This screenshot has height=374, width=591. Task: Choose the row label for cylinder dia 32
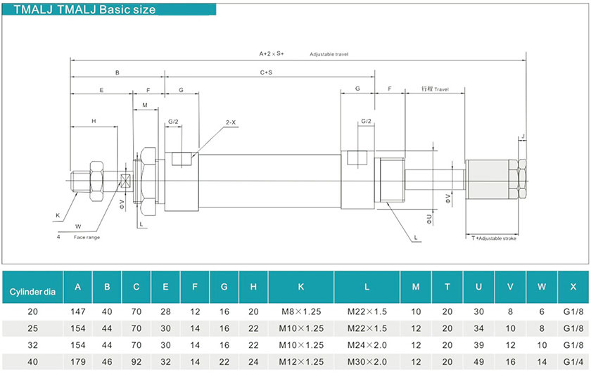coord(32,344)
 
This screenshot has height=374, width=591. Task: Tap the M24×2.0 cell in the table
coord(367,344)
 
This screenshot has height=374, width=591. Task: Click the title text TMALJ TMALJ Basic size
coord(84,10)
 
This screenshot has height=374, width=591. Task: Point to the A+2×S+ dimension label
coord(272,53)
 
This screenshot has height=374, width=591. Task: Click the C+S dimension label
coord(266,72)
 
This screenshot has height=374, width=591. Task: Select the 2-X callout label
coord(231,122)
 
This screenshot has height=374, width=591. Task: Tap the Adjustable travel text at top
coord(329,54)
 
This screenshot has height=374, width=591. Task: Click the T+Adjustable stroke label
coord(494,238)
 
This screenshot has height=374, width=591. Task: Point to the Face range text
coord(87,237)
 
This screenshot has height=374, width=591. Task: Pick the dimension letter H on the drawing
coord(94,122)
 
